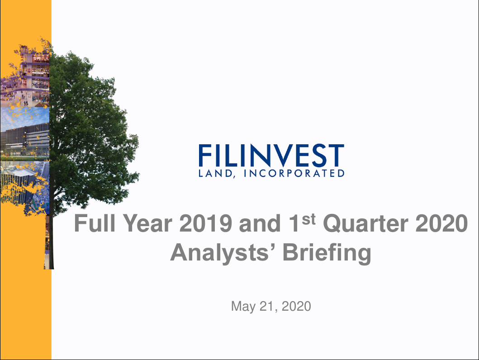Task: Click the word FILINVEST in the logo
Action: pyautogui.click(x=271, y=156)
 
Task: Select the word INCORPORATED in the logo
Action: pyautogui.click(x=294, y=173)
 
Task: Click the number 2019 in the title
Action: pyautogui.click(x=207, y=224)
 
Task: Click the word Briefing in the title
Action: pyautogui.click(x=327, y=253)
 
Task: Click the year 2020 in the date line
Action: pyautogui.click(x=296, y=307)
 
